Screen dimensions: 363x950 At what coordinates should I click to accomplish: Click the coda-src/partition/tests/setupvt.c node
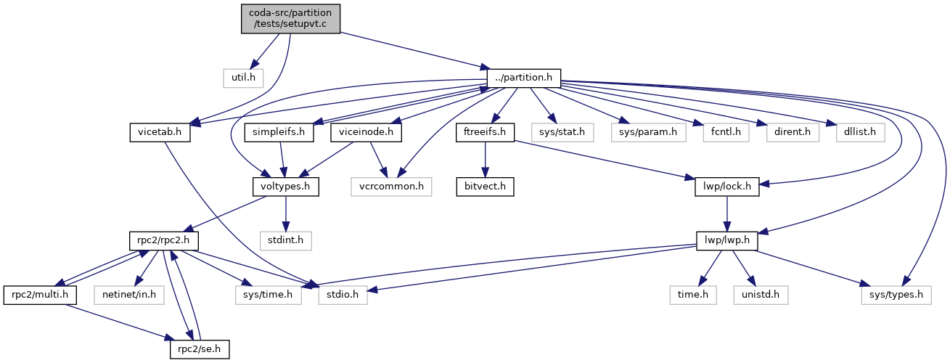pos(290,19)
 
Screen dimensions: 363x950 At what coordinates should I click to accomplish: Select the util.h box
pos(243,76)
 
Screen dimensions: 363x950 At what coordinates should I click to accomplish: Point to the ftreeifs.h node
pos(486,132)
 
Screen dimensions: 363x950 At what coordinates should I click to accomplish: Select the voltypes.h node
pos(285,186)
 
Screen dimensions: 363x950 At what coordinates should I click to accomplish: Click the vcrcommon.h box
pos(390,186)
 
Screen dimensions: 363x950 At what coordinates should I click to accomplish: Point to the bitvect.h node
pos(486,186)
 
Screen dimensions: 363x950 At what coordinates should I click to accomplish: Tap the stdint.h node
pos(285,240)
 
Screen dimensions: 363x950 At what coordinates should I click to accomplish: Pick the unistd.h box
pos(761,294)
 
